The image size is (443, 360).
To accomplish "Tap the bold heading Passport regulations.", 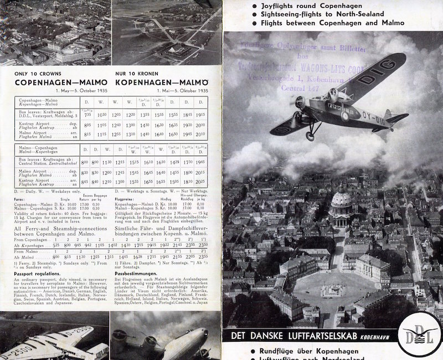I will point(38,273).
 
